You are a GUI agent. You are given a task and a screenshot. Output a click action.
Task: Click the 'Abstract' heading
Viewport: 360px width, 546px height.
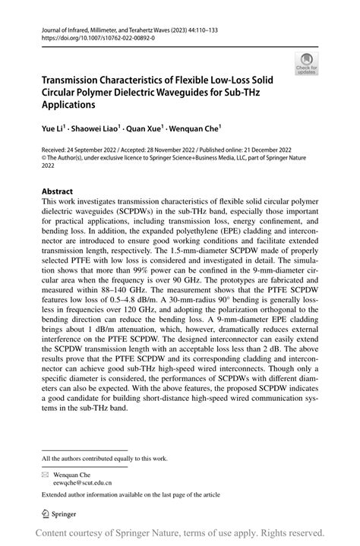coord(58,191)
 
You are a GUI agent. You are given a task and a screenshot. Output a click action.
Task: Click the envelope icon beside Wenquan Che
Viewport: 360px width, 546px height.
coord(45,473)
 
